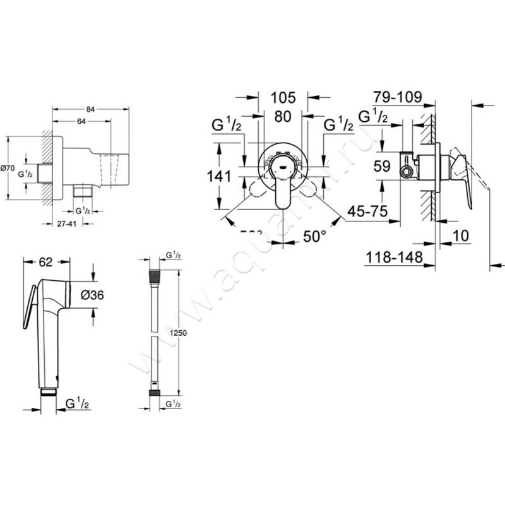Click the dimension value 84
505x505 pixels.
tap(90, 110)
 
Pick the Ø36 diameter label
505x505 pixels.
tap(111, 295)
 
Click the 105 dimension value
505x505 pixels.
tap(283, 97)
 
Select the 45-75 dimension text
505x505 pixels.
tap(367, 211)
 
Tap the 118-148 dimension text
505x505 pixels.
tap(393, 258)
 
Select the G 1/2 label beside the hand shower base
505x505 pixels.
tap(80, 401)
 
